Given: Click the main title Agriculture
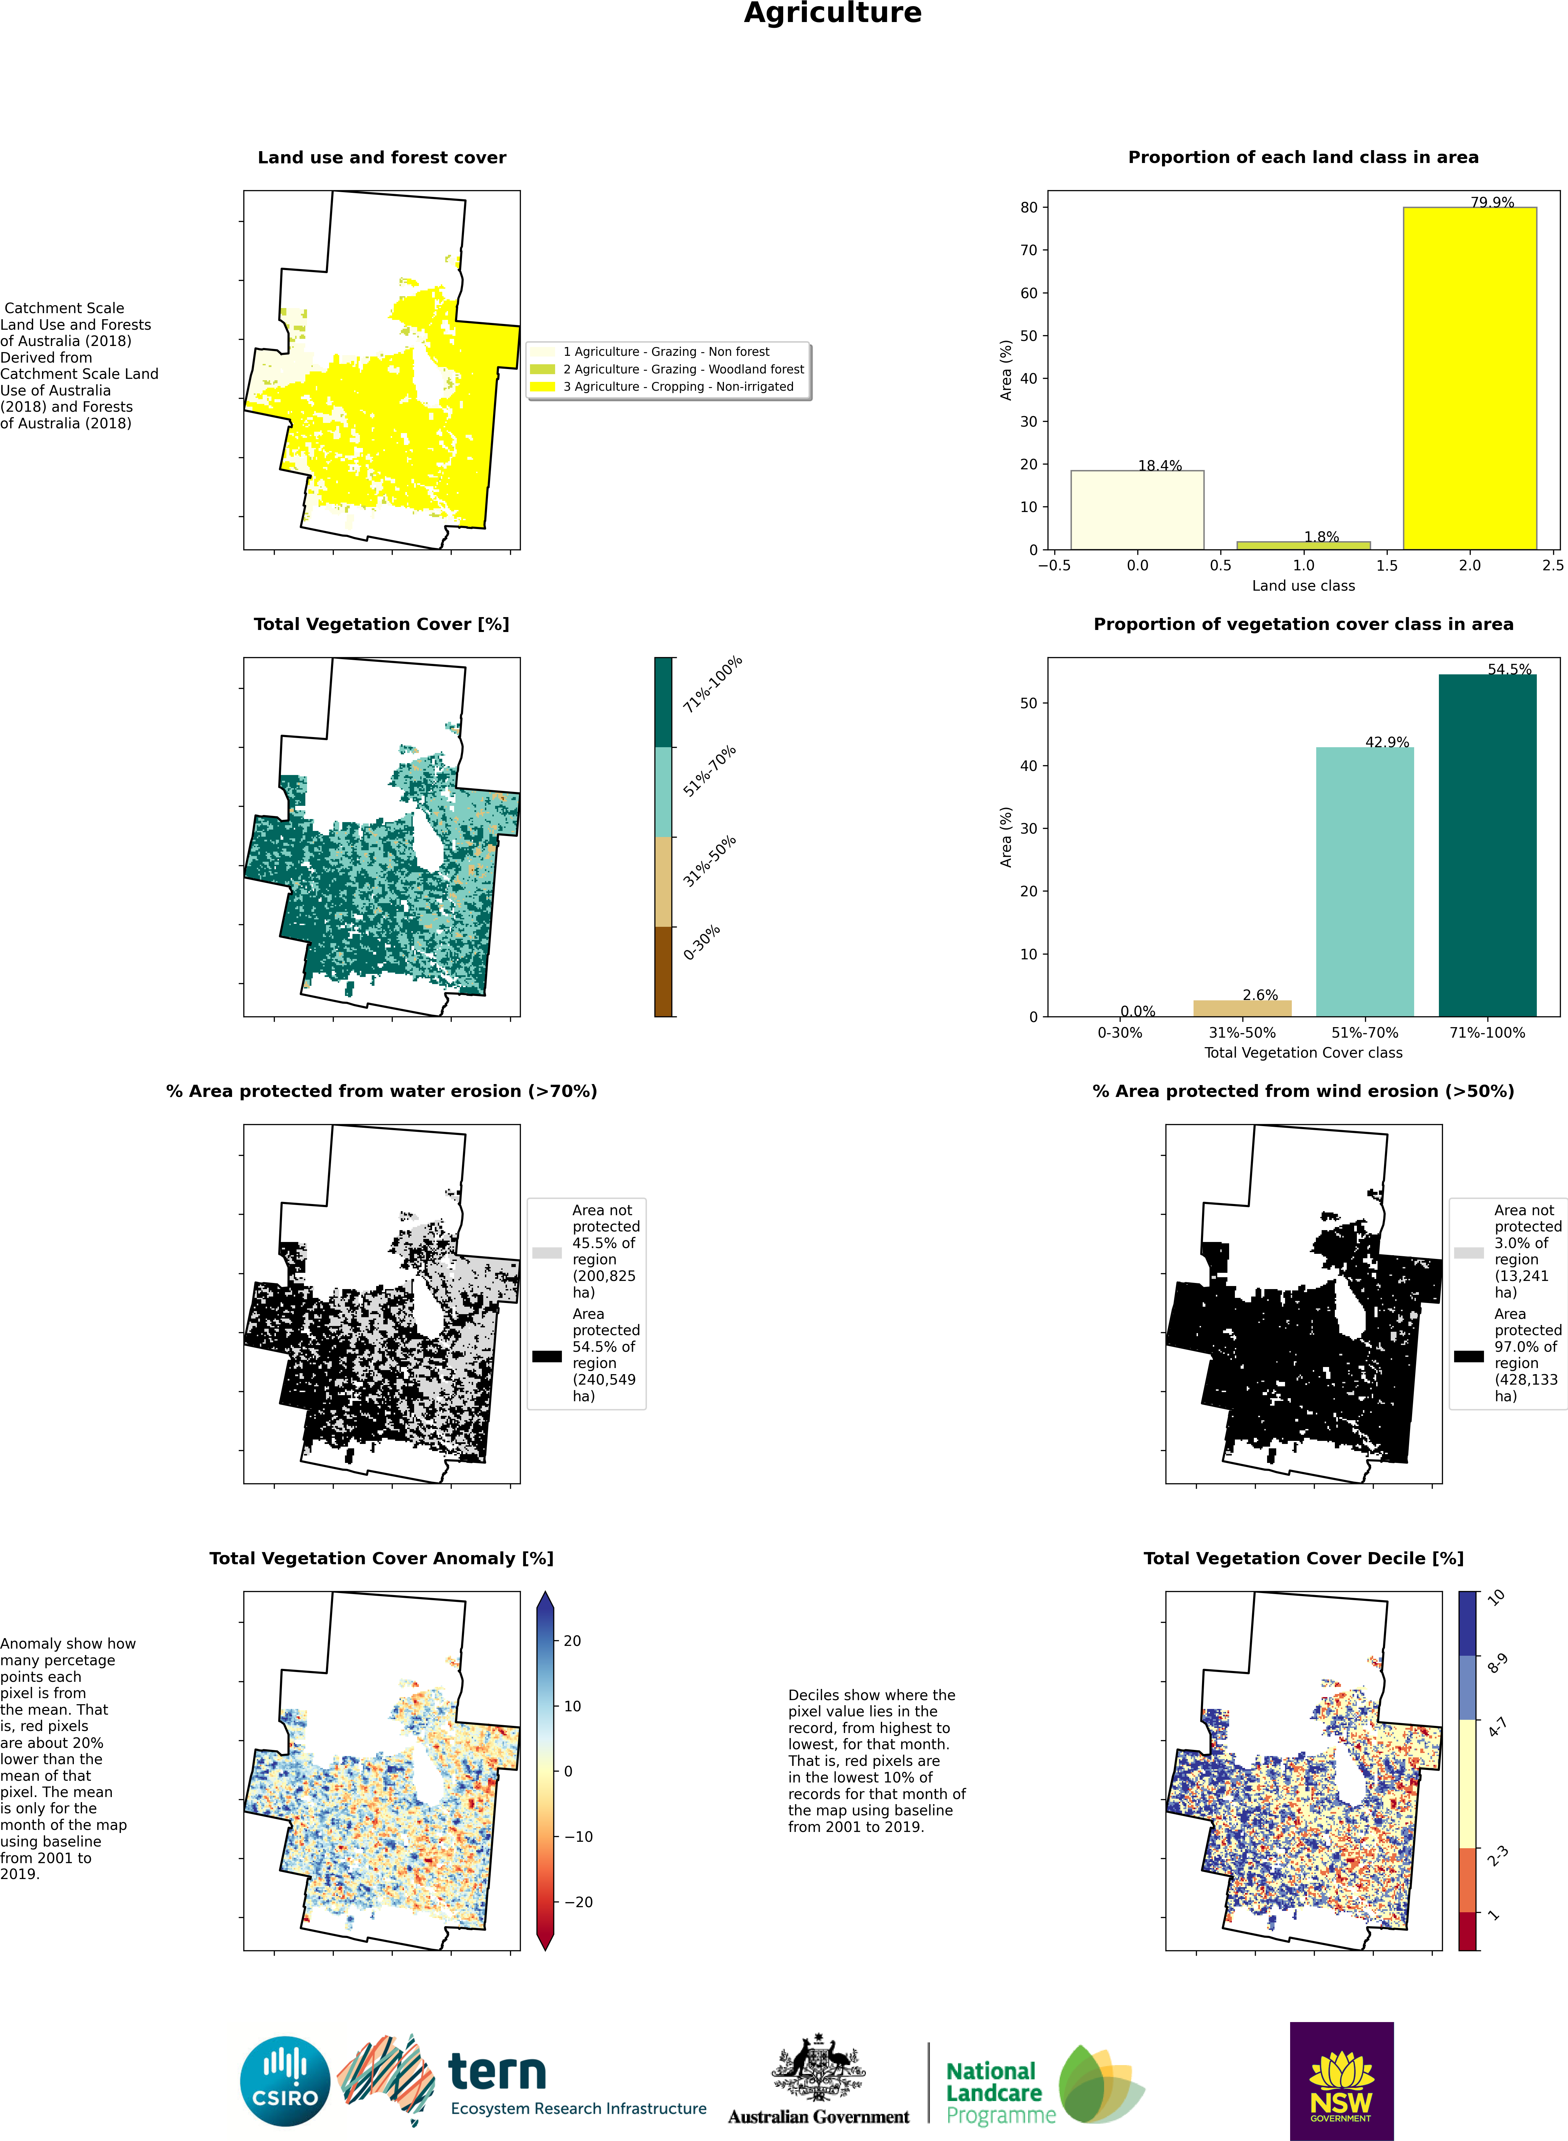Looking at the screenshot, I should point(832,13).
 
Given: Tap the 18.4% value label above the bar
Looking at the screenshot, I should point(1160,465).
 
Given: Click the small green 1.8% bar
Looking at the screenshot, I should point(1303,545).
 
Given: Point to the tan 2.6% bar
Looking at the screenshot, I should point(1242,1008).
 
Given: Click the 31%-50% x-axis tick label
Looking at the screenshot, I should point(1242,1033).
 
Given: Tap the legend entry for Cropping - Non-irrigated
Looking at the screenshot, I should point(678,386).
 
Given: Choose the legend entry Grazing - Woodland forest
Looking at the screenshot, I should point(683,369).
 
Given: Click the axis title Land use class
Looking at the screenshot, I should point(1303,586).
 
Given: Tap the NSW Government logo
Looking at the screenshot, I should point(1341,2080).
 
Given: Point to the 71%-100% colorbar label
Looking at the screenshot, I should point(712,683).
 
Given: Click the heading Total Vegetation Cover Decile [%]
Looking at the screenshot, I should point(1303,1558).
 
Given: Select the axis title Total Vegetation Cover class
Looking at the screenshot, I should point(1303,1053).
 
